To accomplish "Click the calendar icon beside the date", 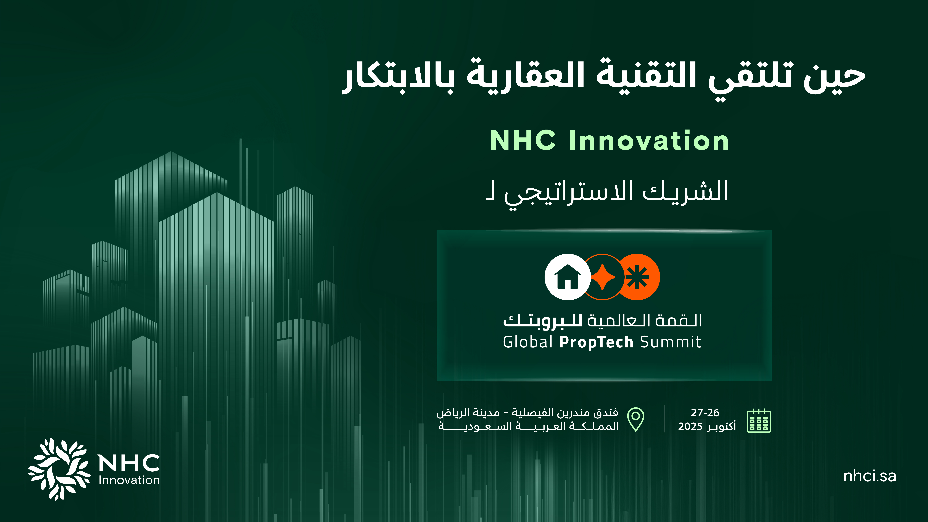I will (759, 420).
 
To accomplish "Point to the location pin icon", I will (636, 419).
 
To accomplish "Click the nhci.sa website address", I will (870, 476).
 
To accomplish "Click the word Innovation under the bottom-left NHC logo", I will (129, 480).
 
